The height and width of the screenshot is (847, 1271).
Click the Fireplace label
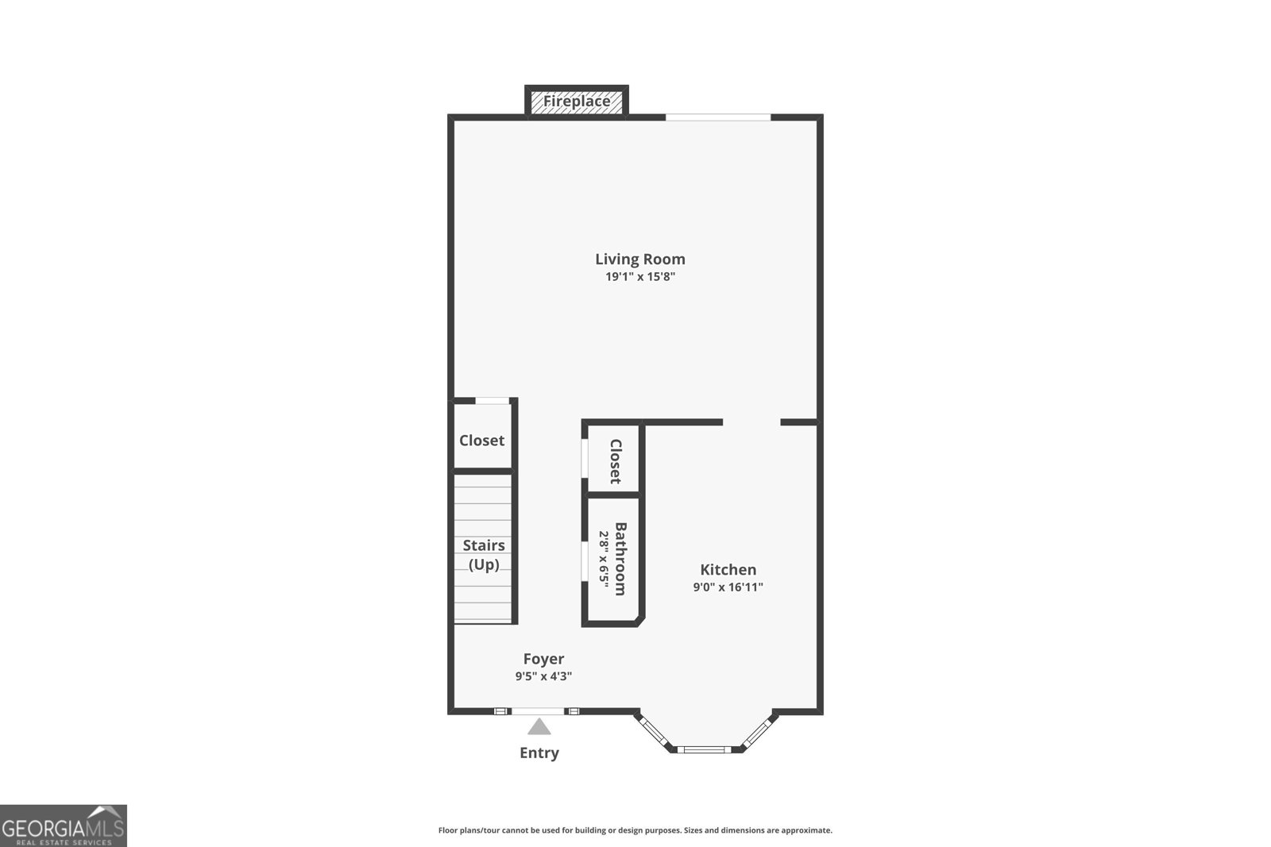(x=577, y=102)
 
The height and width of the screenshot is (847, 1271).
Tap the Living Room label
(x=640, y=259)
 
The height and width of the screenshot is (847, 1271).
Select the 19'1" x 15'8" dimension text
(x=640, y=277)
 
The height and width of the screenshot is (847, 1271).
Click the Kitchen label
(x=728, y=570)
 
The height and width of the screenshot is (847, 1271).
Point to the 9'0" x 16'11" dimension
(x=728, y=587)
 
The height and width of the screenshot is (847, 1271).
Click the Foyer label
(x=543, y=659)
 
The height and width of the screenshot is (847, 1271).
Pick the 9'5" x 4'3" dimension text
(x=543, y=676)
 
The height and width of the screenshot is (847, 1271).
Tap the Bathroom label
(x=620, y=559)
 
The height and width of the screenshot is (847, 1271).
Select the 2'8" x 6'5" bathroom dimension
(x=604, y=559)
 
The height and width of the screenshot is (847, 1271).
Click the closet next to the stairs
(x=481, y=441)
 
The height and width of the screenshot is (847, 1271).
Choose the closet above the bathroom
(x=616, y=461)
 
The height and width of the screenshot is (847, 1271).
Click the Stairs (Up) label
(x=484, y=555)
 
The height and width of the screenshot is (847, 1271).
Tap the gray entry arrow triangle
(x=539, y=727)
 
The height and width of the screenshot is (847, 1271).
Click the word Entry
(x=539, y=753)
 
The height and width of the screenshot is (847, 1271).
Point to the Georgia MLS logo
(x=63, y=826)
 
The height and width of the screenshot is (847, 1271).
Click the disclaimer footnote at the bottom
(x=635, y=830)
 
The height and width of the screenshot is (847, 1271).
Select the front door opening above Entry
(x=538, y=711)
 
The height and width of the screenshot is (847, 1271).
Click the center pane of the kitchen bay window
(x=704, y=749)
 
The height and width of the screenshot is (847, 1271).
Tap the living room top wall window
(x=718, y=117)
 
